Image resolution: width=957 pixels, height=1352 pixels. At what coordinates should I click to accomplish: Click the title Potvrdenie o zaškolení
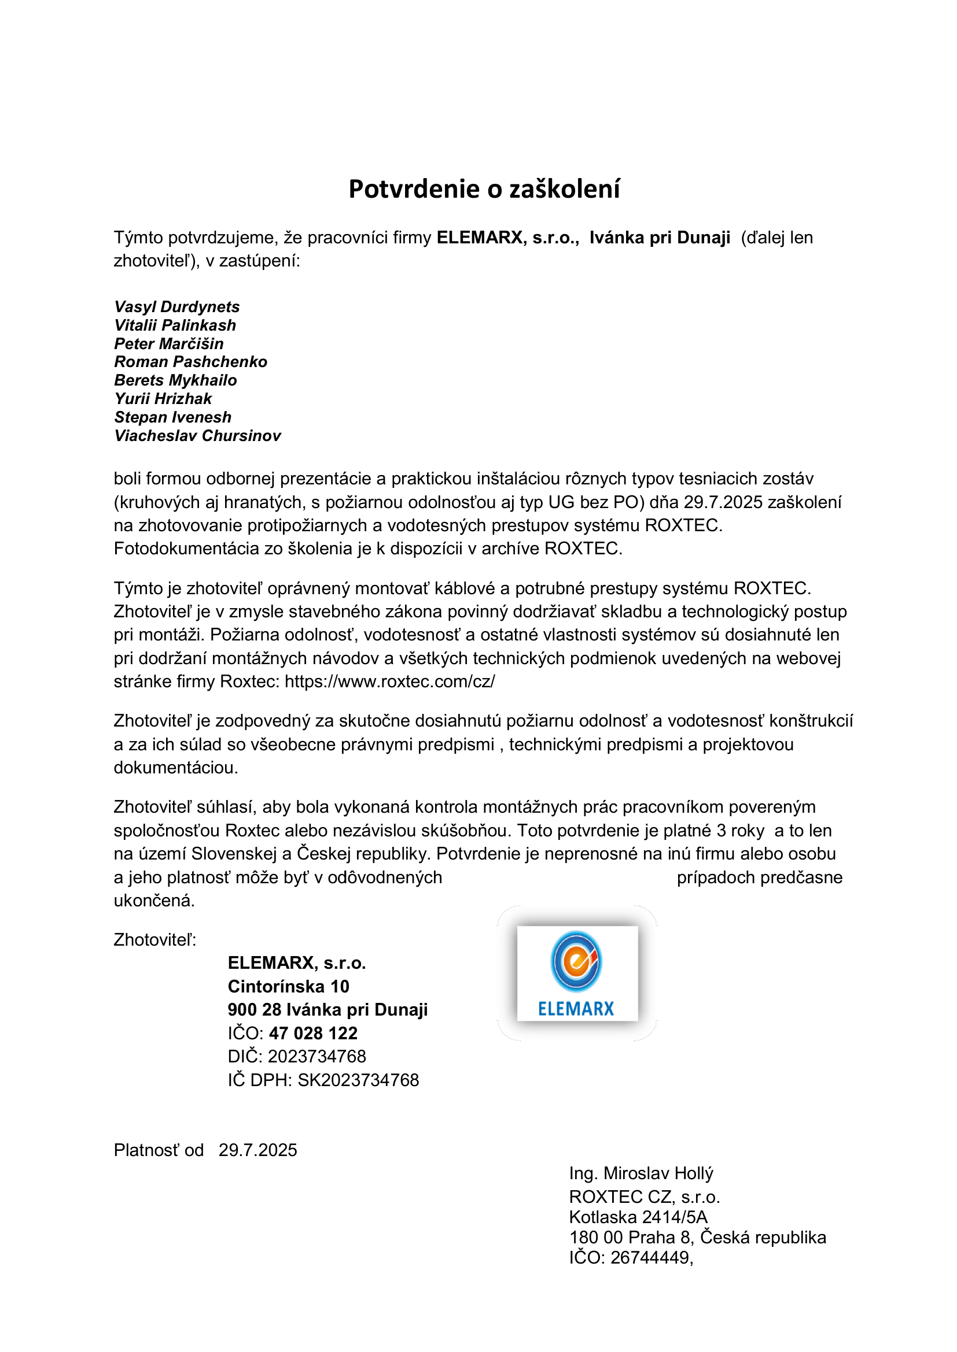(x=484, y=189)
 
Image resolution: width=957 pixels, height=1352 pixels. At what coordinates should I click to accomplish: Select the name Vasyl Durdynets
(x=177, y=307)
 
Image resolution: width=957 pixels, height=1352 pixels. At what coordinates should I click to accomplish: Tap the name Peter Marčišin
(x=168, y=344)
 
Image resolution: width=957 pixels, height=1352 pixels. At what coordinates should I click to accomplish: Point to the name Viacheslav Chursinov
(x=197, y=436)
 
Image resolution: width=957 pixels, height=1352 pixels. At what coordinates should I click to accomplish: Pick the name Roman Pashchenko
(x=190, y=361)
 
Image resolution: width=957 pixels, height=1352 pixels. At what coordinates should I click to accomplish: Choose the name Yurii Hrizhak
(x=163, y=399)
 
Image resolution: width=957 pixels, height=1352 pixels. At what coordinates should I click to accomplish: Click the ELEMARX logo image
(x=577, y=973)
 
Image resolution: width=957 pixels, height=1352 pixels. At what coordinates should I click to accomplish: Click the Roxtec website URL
(x=389, y=681)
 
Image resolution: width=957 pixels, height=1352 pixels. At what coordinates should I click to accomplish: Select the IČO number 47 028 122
(x=314, y=1033)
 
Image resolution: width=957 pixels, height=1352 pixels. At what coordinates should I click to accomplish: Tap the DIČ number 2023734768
(x=317, y=1057)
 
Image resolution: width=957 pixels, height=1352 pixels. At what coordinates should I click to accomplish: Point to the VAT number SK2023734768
(x=358, y=1080)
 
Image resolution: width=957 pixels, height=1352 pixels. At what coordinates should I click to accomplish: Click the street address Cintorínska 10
(x=288, y=986)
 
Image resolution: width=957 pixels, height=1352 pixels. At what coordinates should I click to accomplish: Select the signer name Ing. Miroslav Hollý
(x=641, y=1173)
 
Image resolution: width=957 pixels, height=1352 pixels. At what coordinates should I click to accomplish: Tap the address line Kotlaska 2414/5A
(x=638, y=1217)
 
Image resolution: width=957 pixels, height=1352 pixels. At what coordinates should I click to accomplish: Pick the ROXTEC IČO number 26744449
(x=650, y=1257)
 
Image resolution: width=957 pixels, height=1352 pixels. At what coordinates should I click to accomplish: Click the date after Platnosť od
(x=258, y=1150)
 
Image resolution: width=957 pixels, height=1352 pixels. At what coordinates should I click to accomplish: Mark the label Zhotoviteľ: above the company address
(x=155, y=940)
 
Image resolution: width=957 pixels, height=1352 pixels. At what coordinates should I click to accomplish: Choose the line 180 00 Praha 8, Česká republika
(x=698, y=1237)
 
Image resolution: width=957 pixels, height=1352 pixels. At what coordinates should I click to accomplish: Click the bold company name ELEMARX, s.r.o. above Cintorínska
(x=297, y=963)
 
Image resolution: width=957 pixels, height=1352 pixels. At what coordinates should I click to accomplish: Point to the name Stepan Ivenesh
(x=172, y=417)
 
